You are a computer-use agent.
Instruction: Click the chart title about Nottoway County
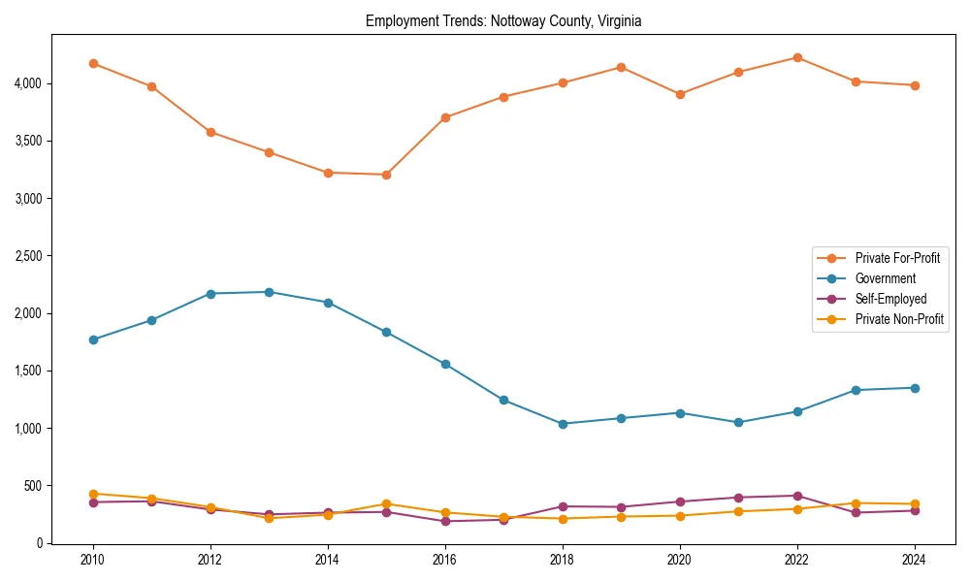tap(503, 20)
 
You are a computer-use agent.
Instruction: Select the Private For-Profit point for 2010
tap(93, 63)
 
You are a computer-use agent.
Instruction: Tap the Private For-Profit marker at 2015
tap(386, 175)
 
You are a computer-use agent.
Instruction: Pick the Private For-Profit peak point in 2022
tap(797, 57)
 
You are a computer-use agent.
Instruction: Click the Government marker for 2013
tap(269, 292)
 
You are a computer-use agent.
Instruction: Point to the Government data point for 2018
tap(563, 424)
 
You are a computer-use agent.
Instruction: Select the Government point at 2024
tap(915, 388)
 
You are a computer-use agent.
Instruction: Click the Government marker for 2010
tap(93, 339)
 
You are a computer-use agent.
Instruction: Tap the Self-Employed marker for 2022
tap(797, 496)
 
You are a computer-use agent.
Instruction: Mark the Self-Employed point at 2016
tap(445, 521)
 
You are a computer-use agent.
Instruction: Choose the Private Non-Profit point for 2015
tap(386, 503)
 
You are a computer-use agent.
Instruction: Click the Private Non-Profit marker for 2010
tap(93, 494)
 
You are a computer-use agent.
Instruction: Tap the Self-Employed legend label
tap(890, 299)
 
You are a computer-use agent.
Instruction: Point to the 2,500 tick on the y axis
tap(29, 256)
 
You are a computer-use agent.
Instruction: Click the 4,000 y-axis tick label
tap(29, 83)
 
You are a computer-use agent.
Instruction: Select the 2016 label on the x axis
tap(445, 560)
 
